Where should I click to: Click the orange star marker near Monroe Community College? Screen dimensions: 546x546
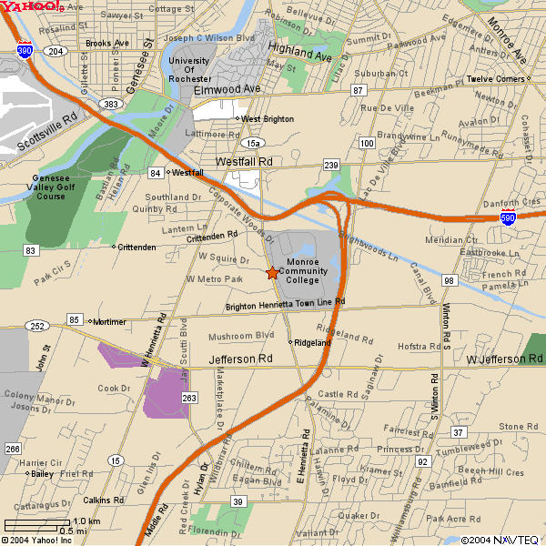coord(271,272)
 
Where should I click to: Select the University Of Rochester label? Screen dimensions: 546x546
coord(189,70)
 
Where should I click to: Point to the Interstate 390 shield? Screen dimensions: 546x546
coord(25,51)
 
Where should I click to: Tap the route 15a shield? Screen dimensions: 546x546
coord(253,143)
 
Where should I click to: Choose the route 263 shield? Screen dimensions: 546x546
coord(189,398)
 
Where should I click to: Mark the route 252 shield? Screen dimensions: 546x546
coord(38,326)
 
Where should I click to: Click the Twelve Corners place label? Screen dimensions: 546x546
coord(495,79)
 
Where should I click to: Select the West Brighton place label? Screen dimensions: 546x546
coord(267,119)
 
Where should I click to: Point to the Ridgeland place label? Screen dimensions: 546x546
coord(312,342)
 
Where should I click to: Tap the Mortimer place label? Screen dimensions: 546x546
coord(109,321)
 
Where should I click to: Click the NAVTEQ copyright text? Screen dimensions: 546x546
coord(500,540)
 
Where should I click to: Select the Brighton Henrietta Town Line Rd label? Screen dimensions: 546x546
coord(285,303)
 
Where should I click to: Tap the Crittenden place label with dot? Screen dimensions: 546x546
coord(136,247)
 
